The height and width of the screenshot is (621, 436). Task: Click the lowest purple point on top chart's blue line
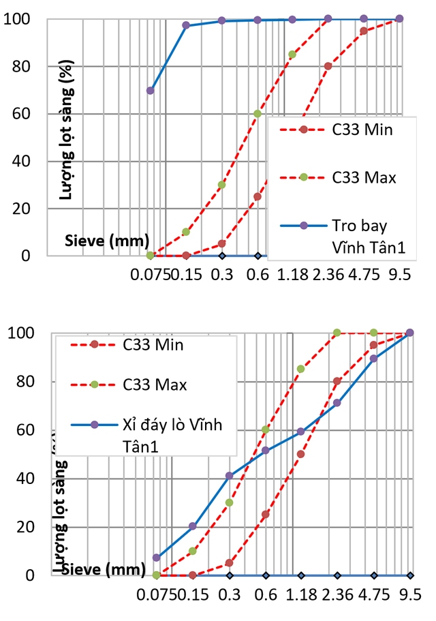coord(151,91)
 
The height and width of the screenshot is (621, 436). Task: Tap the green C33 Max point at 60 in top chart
coord(257,114)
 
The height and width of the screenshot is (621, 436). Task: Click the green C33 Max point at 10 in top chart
coord(186,232)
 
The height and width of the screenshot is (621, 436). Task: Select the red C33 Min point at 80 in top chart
coord(328,66)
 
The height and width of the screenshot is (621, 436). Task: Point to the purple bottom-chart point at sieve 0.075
coord(157,558)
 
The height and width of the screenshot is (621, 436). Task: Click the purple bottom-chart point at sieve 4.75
coord(373,359)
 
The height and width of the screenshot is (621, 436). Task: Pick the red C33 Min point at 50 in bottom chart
coord(300,454)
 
